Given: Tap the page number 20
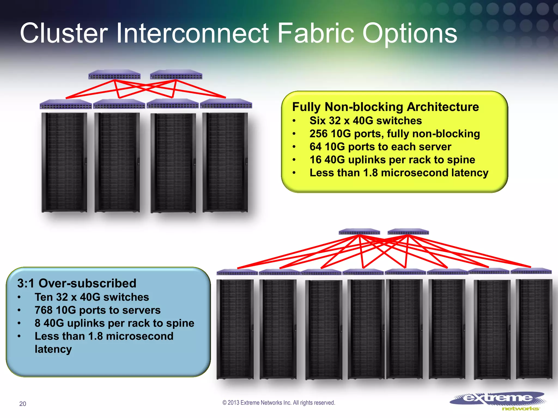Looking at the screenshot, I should [23, 404].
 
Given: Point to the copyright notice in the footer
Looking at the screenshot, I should [279, 402].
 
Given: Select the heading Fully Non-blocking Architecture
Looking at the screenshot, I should [385, 107].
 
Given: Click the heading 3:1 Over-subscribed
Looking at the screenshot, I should [77, 283].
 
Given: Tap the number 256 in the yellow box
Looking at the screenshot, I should [318, 134].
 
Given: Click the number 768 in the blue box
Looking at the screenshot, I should [44, 310].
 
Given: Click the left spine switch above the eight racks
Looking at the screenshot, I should [359, 232].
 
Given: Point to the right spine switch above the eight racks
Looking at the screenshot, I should [408, 232].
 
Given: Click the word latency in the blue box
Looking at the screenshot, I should [53, 349].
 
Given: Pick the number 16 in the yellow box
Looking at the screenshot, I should [315, 160].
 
